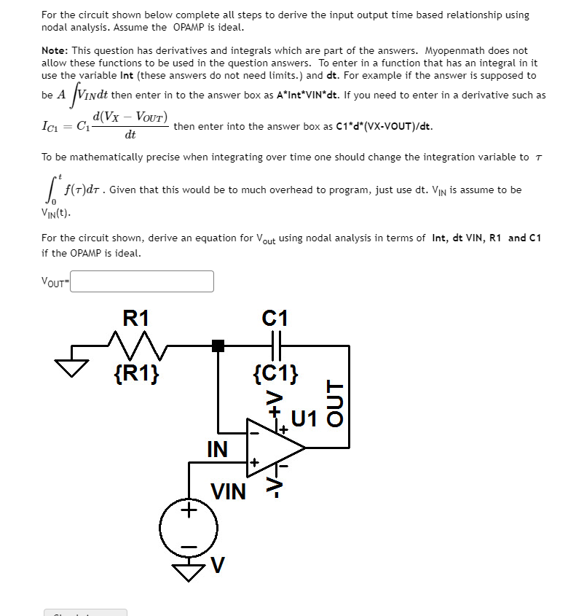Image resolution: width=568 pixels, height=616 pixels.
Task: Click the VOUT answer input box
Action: pos(142,281)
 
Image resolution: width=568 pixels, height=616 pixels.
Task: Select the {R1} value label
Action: pos(138,374)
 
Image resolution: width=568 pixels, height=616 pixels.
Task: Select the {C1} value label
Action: pos(275,375)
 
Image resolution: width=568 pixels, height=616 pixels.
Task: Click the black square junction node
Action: pos(218,346)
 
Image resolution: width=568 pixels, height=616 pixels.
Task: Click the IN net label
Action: pos(217,448)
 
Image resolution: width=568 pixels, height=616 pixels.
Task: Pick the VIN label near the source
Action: pos(229,492)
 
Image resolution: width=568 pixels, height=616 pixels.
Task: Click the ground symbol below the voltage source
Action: pos(189,574)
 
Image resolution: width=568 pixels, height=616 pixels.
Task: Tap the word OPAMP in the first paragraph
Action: pos(191,28)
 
